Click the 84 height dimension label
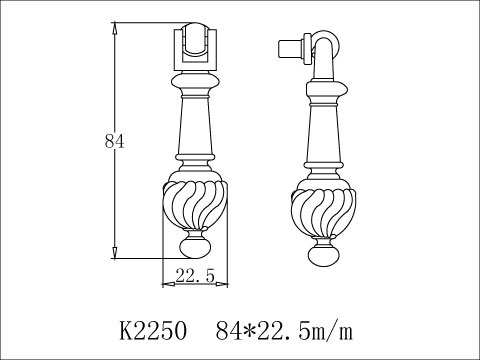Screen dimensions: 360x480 coord(113,142)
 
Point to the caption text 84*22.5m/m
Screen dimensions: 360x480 coord(282,327)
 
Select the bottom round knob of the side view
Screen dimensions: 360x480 coord(322,257)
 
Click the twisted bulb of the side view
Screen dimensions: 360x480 coord(322,213)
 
